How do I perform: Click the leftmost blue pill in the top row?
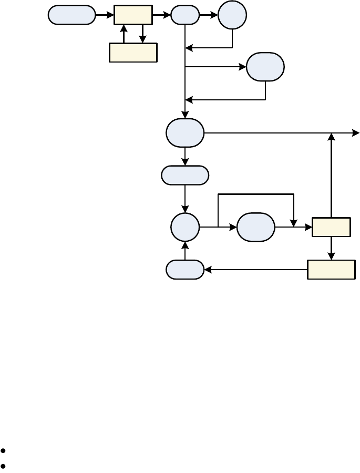[72, 15]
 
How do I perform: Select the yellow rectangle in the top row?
[133, 15]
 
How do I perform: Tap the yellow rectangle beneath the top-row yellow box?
[133, 53]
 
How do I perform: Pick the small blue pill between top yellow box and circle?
[185, 15]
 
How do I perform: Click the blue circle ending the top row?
[232, 15]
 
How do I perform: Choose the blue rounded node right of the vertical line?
[265, 67]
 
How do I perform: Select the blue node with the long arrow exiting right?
[185, 133]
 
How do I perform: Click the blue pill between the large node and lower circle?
[185, 176]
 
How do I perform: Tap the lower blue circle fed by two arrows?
[185, 227]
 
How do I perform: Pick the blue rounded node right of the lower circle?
[256, 227]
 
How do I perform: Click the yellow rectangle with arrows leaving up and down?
[331, 227]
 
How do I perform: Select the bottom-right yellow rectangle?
[331, 270]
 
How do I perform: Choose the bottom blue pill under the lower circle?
[185, 270]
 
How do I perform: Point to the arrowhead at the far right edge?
[356, 133]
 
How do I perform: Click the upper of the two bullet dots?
[4, 451]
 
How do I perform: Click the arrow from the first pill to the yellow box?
[105, 15]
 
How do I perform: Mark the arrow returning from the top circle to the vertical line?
[210, 48]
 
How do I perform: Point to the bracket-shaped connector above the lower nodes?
[256, 194]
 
